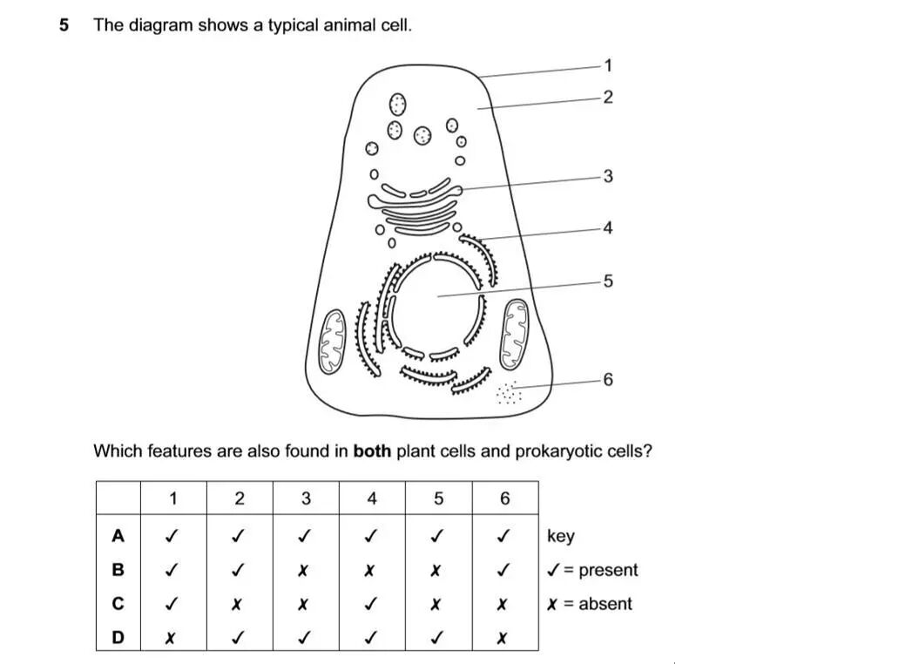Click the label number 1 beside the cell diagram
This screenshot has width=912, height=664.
pyautogui.click(x=608, y=65)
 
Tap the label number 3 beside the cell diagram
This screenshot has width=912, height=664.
pyautogui.click(x=608, y=177)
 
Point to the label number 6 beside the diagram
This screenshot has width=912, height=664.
pyautogui.click(x=608, y=380)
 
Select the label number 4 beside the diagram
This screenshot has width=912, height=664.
pyautogui.click(x=608, y=228)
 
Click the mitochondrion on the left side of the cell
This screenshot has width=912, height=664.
pyautogui.click(x=332, y=342)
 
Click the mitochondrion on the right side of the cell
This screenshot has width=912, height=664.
pyautogui.click(x=514, y=334)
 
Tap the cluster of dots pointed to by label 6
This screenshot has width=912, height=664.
pyautogui.click(x=509, y=394)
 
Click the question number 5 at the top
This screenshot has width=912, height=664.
pyautogui.click(x=64, y=25)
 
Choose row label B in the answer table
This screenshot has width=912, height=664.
pyautogui.click(x=118, y=570)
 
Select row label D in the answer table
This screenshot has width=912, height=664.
pyautogui.click(x=118, y=637)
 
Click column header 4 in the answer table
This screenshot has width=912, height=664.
pyautogui.click(x=372, y=499)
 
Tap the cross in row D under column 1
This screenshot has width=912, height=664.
pyautogui.click(x=172, y=638)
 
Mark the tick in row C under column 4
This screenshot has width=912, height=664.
pyautogui.click(x=372, y=604)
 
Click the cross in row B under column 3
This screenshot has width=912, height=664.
pyautogui.click(x=305, y=571)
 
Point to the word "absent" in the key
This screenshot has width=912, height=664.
pyautogui.click(x=605, y=604)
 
